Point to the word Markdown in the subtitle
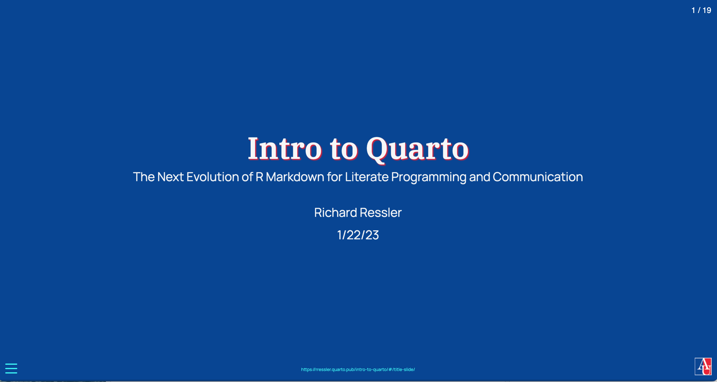point(295,177)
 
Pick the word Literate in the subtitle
point(367,177)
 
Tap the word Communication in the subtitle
point(538,177)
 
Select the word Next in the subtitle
point(170,177)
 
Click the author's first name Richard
point(335,212)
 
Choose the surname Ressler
point(381,212)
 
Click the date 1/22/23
point(358,235)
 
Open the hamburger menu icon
point(11,368)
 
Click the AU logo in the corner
point(703,367)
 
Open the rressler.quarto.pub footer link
point(358,370)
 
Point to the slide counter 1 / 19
point(701,10)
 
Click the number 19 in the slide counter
point(707,10)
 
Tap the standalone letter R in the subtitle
point(259,177)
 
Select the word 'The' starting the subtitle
point(144,177)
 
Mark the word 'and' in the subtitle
point(479,177)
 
